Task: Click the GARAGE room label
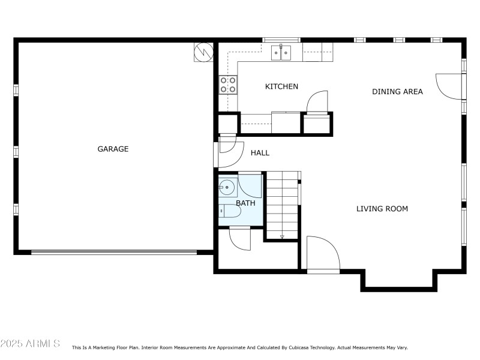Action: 113,149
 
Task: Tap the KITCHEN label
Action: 281,86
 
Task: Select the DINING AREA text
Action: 397,92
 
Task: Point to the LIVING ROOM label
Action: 382,209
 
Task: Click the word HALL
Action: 260,153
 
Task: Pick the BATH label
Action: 245,203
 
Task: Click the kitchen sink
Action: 281,53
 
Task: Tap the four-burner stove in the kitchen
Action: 227,85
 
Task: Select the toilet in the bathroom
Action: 229,211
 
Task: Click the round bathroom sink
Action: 227,187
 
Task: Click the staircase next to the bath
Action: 283,204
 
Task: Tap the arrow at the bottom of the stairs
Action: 282,236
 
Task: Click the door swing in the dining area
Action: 450,86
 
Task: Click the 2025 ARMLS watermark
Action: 30,344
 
